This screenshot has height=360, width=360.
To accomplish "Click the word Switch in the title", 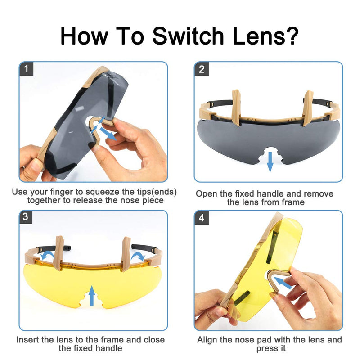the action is coord(188,36).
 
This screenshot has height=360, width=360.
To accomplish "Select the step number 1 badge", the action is coord(27,69).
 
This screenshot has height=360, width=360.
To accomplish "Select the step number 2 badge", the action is coord(202,69).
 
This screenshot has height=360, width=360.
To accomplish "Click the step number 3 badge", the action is coord(26,217).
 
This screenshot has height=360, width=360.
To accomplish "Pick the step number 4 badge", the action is coord(202,217).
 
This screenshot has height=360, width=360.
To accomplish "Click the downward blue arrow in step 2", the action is coord(270,162).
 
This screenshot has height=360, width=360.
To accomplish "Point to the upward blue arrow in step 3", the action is coord(92,296).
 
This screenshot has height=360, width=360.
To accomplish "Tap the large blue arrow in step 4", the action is coord(283,283).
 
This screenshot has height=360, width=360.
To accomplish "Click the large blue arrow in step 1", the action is coord(108,134).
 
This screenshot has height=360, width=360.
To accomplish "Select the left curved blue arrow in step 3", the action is coord(47,255).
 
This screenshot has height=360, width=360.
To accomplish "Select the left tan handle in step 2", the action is coord(236,108).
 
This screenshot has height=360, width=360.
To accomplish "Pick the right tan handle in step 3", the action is coord(126,254).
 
